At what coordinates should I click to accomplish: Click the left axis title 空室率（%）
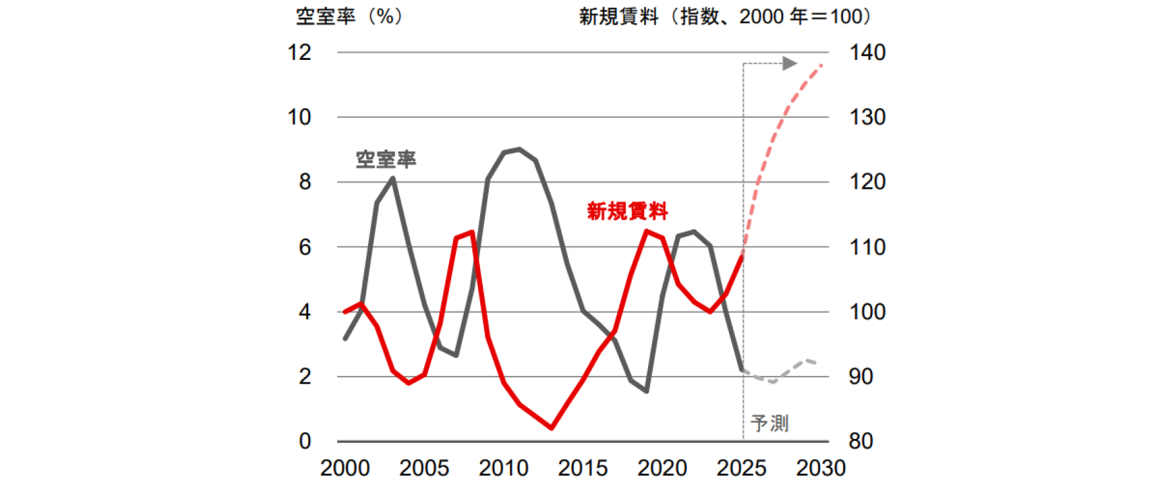(350, 16)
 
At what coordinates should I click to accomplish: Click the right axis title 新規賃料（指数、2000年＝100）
(726, 16)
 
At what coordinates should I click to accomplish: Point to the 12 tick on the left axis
(299, 53)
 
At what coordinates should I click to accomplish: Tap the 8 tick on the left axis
(304, 182)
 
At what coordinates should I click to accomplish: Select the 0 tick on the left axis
(304, 441)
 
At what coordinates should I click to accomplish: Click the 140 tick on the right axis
(867, 53)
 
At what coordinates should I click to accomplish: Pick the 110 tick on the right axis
(867, 247)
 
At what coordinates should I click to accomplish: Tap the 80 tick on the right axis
(861, 441)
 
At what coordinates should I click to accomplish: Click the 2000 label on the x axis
(345, 468)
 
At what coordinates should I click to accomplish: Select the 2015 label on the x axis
(583, 468)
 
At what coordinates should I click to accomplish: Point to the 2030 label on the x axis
(821, 468)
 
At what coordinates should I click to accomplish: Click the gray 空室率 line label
(386, 159)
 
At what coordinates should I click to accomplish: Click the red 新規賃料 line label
(627, 211)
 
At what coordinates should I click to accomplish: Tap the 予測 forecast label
(769, 423)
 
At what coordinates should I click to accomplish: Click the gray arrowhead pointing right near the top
(790, 63)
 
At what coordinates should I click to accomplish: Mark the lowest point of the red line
(551, 428)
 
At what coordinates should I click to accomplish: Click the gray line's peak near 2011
(520, 149)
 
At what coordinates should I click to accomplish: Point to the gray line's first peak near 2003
(393, 178)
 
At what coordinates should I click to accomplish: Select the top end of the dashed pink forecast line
(821, 64)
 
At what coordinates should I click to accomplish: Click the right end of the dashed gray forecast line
(816, 363)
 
